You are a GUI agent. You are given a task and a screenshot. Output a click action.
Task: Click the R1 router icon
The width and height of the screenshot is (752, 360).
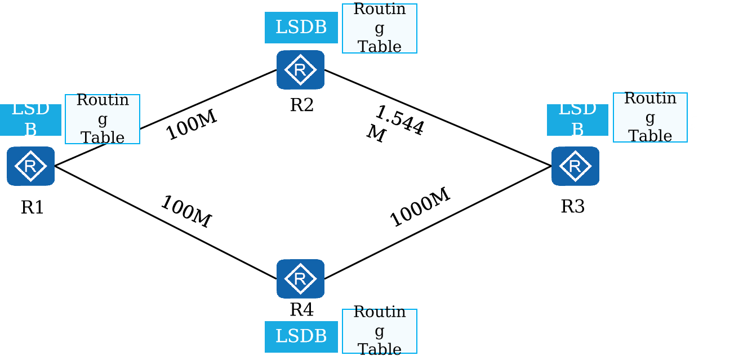tap(30, 166)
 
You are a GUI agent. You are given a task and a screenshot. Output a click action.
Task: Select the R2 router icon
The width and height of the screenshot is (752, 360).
tap(300, 70)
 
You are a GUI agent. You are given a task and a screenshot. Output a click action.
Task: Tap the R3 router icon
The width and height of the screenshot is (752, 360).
tap(576, 166)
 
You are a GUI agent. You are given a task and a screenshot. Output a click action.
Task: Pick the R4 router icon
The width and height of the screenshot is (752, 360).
tap(300, 279)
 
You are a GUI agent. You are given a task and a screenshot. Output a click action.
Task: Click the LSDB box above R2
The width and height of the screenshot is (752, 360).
tap(301, 28)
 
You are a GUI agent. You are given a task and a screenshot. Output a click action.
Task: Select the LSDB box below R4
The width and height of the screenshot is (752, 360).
tap(301, 337)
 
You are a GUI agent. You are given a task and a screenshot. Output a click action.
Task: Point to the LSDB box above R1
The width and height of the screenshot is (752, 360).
tap(30, 120)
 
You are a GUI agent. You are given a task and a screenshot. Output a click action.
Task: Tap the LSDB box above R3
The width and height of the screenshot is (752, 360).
tap(577, 120)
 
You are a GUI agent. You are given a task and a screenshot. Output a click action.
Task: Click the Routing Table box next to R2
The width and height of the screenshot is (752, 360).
tap(380, 29)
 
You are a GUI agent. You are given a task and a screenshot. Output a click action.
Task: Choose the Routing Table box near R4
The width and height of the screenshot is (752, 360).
tap(380, 331)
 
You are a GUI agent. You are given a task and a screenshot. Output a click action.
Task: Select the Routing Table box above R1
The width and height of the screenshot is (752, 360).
tap(103, 119)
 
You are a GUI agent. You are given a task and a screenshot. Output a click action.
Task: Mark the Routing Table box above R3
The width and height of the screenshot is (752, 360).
tap(650, 118)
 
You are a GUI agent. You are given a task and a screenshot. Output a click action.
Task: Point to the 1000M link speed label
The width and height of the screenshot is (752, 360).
tap(420, 207)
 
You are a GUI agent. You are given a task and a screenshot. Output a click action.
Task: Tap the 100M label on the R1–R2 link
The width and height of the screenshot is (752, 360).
tap(192, 125)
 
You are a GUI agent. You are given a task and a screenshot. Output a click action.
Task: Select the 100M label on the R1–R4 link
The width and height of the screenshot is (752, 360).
tap(186, 212)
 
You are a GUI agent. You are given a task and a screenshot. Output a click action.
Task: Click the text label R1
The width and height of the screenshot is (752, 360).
tap(32, 207)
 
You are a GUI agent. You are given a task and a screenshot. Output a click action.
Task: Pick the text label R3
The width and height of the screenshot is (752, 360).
tap(573, 206)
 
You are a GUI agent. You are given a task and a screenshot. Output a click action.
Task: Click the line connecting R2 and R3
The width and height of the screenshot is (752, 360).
tap(438, 118)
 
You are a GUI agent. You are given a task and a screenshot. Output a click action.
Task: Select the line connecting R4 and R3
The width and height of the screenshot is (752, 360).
tap(438, 223)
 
